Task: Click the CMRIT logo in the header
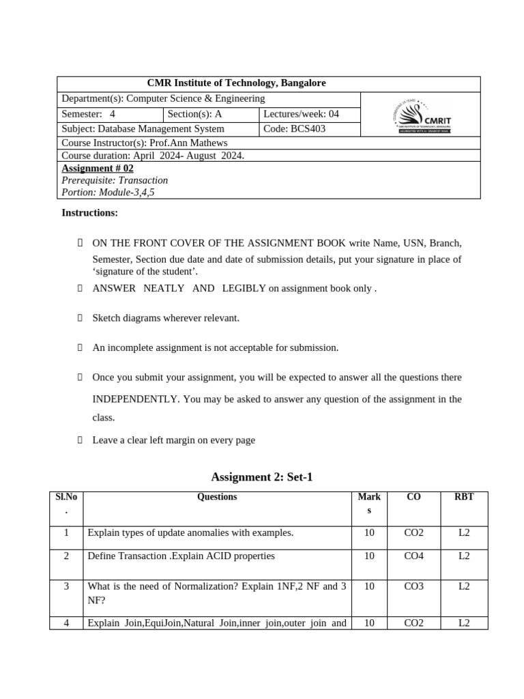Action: [x=421, y=115]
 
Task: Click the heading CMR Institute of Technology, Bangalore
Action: [x=237, y=83]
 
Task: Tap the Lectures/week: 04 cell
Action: [x=301, y=114]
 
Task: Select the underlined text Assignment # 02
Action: [x=98, y=169]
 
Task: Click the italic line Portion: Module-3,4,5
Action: [x=108, y=192]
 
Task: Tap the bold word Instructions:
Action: [x=89, y=213]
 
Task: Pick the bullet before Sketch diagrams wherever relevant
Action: [x=80, y=318]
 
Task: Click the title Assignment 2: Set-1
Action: [x=262, y=477]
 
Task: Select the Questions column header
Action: [x=217, y=497]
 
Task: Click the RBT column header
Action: [x=464, y=497]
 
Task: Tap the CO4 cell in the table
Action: [x=413, y=556]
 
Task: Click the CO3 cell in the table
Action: [x=413, y=587]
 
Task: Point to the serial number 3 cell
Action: [x=66, y=587]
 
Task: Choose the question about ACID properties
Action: [x=181, y=556]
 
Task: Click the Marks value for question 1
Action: [x=369, y=532]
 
